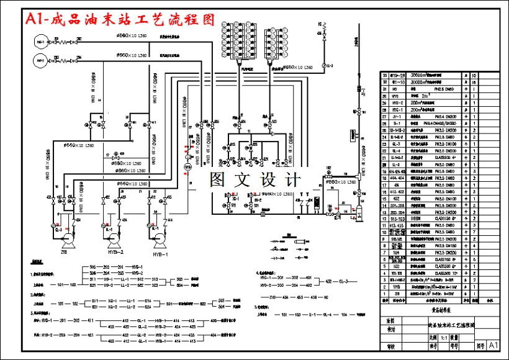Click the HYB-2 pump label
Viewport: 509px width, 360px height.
tap(117, 251)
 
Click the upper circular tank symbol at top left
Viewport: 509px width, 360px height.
tap(40, 42)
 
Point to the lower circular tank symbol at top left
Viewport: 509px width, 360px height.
tap(40, 61)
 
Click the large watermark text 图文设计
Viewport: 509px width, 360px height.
tap(255, 180)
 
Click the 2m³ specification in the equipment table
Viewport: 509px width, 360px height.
tap(425, 96)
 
